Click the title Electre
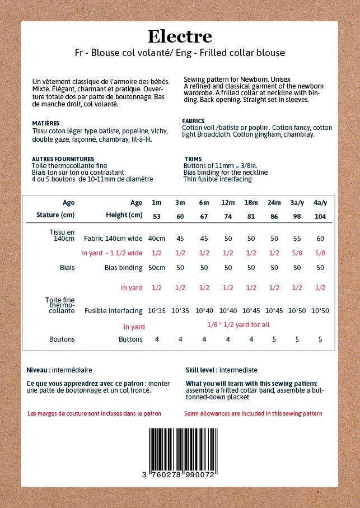(x=180, y=37)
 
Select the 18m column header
(x=251, y=203)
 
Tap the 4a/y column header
(x=320, y=203)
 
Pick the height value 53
(x=157, y=216)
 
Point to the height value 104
(x=320, y=216)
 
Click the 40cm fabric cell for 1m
(x=157, y=238)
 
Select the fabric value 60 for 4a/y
(x=320, y=238)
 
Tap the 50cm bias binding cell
(x=157, y=268)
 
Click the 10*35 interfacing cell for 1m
(x=157, y=310)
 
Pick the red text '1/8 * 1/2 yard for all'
(x=238, y=324)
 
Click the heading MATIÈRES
(x=46, y=123)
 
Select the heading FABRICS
(x=193, y=121)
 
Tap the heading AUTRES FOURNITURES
(x=63, y=159)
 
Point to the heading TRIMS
(x=193, y=159)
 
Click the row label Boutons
(x=62, y=339)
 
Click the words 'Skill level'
(x=201, y=370)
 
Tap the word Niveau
(x=36, y=370)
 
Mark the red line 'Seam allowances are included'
(x=253, y=413)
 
